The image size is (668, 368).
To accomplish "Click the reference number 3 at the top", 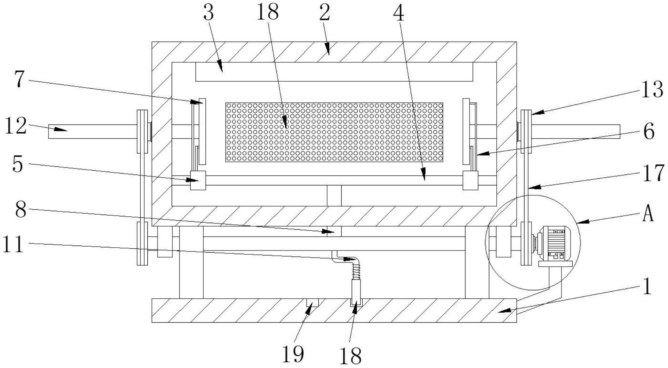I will [209, 13].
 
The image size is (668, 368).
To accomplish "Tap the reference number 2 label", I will [324, 13].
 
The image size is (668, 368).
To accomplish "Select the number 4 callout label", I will [399, 14].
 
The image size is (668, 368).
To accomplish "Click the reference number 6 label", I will [649, 132].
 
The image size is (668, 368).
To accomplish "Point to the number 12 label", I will [15, 126].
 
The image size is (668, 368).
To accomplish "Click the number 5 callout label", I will [18, 164].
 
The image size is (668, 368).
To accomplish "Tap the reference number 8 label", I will [21, 210].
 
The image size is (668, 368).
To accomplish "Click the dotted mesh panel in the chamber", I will [334, 132].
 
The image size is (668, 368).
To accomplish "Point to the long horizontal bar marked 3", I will [334, 72].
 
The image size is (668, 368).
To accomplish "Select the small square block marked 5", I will [198, 180].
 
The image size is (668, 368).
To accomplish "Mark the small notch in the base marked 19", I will [312, 303].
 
